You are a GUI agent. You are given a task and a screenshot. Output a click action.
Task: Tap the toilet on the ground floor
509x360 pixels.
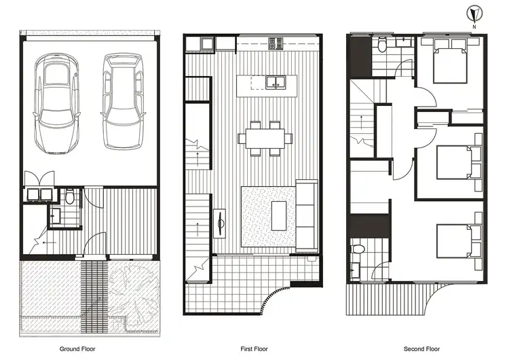click(x=71, y=198)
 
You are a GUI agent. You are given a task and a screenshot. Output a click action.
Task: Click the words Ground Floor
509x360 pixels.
click(x=77, y=349)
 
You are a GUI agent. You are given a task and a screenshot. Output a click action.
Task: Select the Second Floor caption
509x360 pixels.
click(x=423, y=349)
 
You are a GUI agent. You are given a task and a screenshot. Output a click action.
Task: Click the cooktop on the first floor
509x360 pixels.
click(x=277, y=43)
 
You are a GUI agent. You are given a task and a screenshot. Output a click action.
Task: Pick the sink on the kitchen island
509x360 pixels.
click(x=276, y=83)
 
